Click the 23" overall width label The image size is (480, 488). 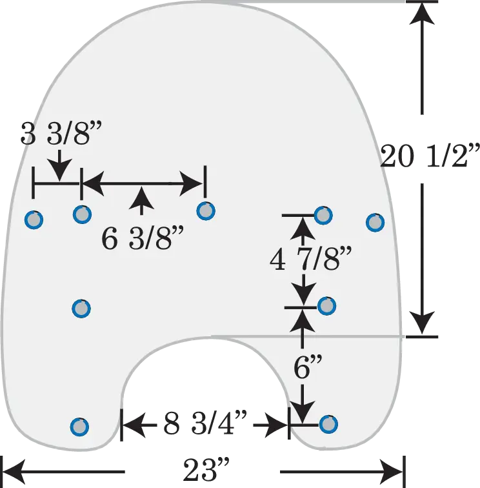(206, 470)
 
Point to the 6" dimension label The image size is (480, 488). (307, 367)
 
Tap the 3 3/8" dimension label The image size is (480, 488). (61, 133)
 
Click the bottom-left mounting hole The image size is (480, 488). (79, 427)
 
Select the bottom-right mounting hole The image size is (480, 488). (328, 424)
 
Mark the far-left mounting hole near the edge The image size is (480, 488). (34, 219)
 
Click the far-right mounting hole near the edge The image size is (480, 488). (375, 222)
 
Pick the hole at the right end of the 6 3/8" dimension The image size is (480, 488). (206, 210)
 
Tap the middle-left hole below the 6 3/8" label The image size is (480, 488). (81, 309)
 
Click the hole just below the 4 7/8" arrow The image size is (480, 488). (326, 306)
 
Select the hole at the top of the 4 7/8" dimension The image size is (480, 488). (323, 215)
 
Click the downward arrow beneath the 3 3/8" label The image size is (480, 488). (59, 165)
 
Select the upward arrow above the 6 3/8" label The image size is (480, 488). (141, 201)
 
